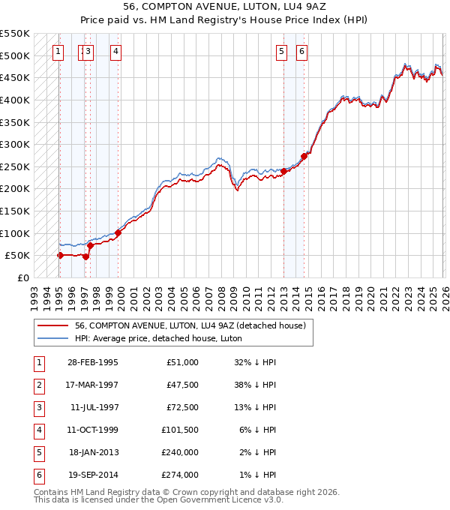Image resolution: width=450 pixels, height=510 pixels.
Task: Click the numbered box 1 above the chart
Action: coord(58,52)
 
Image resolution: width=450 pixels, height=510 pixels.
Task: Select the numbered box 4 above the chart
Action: coord(116,52)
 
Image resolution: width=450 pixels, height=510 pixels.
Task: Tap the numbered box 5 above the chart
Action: coord(282,52)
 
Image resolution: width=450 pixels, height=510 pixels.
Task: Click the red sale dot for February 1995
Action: coord(60,255)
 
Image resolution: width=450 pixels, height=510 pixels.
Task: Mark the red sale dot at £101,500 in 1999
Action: coord(118,232)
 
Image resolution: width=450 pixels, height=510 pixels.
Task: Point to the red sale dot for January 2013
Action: coord(284,171)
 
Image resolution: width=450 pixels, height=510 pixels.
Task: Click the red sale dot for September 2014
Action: coord(304,156)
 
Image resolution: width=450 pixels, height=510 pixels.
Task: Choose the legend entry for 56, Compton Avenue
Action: coord(190,326)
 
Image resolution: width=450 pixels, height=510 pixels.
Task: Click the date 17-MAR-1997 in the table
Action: coord(93,385)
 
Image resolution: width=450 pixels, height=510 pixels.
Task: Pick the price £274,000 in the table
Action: coord(181,475)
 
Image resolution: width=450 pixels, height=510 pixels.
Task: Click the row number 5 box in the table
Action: coord(37,453)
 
